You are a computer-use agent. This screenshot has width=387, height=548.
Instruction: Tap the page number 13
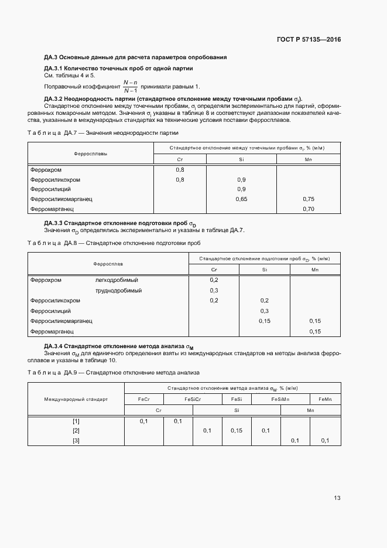337,498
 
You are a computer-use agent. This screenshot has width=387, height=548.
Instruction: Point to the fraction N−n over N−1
130,86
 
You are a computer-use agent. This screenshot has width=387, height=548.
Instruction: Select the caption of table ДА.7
102,133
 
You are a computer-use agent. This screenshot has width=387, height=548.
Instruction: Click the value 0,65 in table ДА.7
241,199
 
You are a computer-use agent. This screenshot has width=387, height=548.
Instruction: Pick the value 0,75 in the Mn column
309,199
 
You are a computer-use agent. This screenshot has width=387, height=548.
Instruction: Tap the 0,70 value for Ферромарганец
309,209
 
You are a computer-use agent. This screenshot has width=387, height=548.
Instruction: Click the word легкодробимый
117,280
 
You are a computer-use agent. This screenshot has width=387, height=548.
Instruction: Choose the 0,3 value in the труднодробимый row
214,291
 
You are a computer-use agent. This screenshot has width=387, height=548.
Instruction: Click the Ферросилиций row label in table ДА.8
50,311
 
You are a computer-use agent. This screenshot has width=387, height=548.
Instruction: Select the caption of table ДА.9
114,372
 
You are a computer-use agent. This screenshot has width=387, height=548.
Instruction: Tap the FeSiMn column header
280,399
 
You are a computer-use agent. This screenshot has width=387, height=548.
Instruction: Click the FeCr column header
144,399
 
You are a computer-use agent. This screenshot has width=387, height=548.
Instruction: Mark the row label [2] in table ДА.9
76,430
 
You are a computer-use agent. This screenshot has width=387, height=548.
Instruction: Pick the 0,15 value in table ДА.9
237,430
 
